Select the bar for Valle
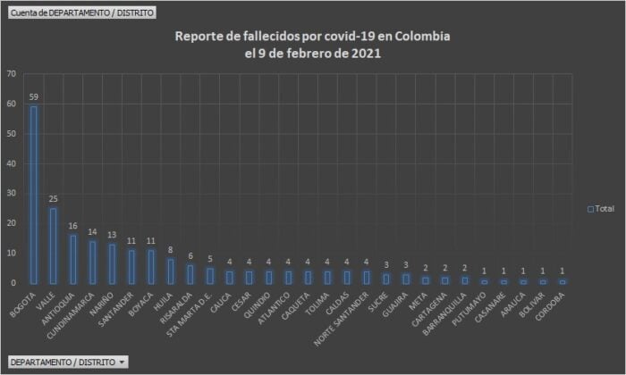tap(53, 246)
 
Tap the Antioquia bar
tap(72, 259)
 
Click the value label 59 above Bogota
tap(34, 97)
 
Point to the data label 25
tap(53, 199)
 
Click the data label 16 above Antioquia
tap(72, 226)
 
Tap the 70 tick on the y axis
tap(11, 74)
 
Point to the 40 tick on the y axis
tap(11, 163)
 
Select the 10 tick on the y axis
tap(11, 253)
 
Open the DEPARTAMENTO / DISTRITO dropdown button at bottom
tap(67, 362)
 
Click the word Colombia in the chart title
tap(419, 37)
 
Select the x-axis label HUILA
tap(163, 300)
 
